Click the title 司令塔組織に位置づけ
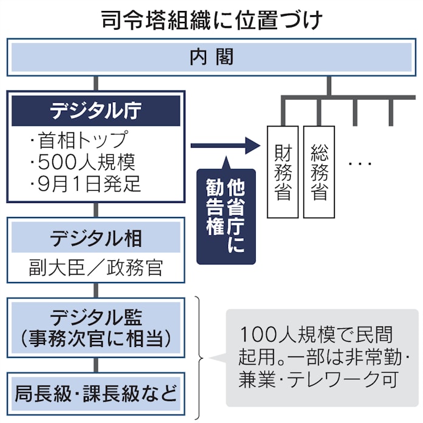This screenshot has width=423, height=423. [x=211, y=19]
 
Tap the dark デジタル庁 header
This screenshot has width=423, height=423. [x=96, y=111]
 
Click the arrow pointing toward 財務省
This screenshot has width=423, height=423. [x=225, y=146]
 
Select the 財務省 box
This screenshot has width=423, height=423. [x=283, y=171]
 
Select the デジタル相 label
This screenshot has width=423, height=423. [x=96, y=238]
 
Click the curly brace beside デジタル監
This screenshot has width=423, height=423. [x=201, y=358]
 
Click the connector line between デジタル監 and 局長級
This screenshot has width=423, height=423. [x=96, y=365]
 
